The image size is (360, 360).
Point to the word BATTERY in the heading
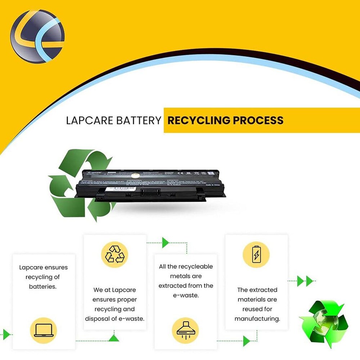point(139,121)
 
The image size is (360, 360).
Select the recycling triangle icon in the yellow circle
point(114,255)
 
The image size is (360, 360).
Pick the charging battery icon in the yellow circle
point(256,255)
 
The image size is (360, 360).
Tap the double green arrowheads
point(305,281)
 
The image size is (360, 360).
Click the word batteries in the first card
point(43,287)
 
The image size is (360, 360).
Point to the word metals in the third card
point(185,276)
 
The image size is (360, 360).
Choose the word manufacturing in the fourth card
point(257,319)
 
